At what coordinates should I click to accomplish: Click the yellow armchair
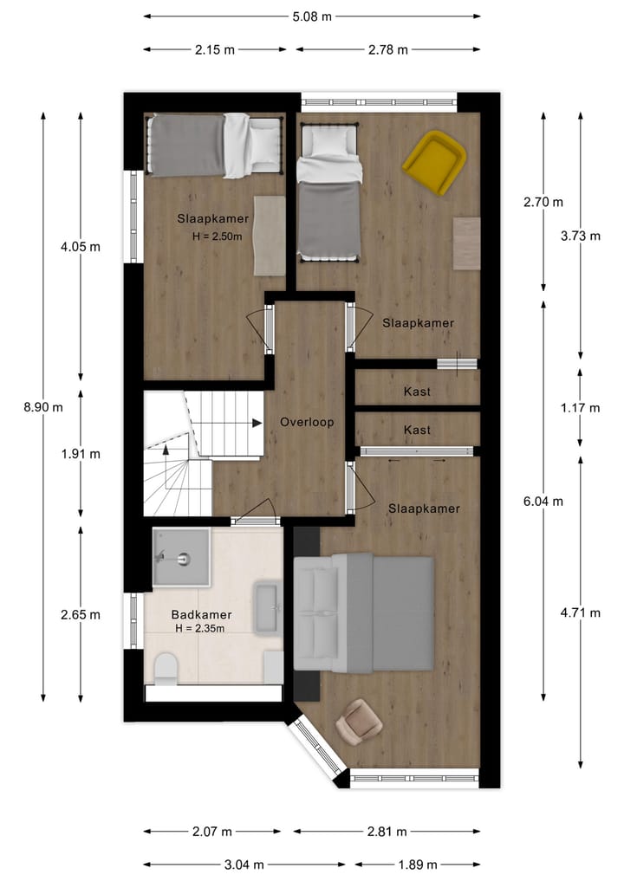coord(434,162)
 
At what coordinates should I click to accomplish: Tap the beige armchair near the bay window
coord(361,720)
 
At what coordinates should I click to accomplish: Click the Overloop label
coord(307,423)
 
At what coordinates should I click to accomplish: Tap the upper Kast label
coord(417,392)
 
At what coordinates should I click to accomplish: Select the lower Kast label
coord(417,430)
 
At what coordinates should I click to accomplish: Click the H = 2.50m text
coord(217,236)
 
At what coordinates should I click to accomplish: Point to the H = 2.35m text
coord(200,629)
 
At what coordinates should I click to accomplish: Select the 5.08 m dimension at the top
coord(311,16)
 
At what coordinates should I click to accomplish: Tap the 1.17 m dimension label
coord(580,407)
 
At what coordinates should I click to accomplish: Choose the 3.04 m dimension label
coord(244,864)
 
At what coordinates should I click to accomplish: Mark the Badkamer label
coord(201,614)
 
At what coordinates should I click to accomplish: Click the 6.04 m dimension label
coord(543,501)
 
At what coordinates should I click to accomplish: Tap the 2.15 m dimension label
coord(214,49)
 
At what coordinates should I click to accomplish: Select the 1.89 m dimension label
coord(417,864)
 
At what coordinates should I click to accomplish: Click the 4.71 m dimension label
coord(580,612)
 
